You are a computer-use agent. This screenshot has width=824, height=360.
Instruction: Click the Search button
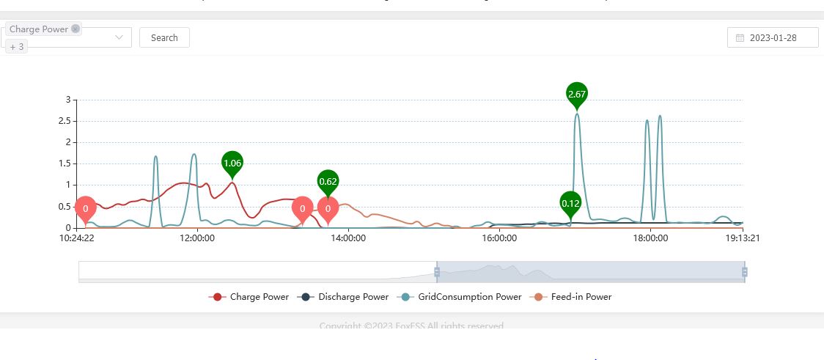point(164,37)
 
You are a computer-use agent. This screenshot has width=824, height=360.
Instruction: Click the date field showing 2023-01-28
point(773,37)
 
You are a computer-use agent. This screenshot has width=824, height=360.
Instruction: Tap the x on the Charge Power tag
point(76,29)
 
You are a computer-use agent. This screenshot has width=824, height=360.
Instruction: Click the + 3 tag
point(17,47)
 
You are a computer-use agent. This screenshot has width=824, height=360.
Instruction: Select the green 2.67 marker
point(577,94)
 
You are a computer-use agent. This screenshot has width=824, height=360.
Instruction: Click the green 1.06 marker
point(232,163)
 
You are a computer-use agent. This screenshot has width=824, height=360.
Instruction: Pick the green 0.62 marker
point(328,181)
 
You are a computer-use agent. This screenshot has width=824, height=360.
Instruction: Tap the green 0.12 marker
point(570,202)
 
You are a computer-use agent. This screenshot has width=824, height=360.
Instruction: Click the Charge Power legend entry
point(249,297)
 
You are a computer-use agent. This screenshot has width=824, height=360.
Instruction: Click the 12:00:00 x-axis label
point(196,238)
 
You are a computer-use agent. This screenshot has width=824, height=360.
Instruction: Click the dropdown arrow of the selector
point(119,37)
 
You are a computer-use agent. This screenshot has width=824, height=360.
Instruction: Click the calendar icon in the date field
point(740,37)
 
